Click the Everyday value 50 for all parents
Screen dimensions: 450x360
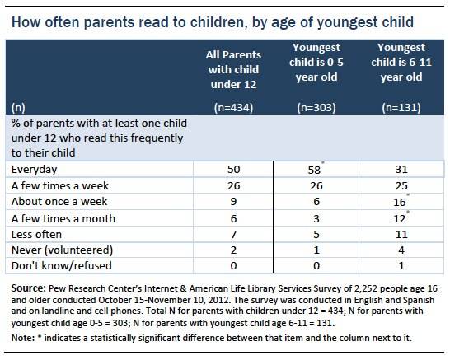coord(233,169)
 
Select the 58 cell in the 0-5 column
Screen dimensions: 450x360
coord(314,170)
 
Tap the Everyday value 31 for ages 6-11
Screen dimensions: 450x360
coord(401,169)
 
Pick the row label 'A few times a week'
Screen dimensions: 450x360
coord(60,185)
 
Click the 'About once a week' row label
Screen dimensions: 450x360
coord(59,201)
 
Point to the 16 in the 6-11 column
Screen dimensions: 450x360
coord(400,202)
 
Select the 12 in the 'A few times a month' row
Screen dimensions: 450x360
coord(400,219)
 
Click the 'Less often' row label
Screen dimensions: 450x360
coord(36,234)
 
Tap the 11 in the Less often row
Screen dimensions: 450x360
coord(401,235)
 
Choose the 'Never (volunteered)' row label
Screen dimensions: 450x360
coord(62,250)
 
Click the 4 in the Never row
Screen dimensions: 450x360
coord(401,250)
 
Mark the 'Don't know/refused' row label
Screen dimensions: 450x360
coord(62,265)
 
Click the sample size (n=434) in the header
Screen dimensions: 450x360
coord(233,108)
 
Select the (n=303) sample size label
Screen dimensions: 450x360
coord(316,108)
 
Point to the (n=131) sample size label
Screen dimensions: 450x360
coord(401,108)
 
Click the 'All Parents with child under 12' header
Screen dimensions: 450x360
coord(233,69)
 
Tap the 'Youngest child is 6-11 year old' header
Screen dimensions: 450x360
coord(401,63)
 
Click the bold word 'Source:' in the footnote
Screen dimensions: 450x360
coord(28,288)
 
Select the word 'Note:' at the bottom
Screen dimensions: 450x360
coord(23,338)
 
